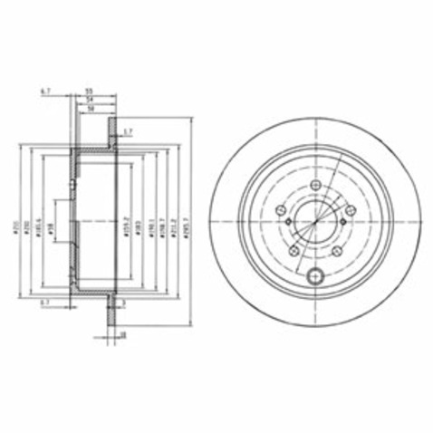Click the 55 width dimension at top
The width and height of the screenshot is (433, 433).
[x=90, y=91]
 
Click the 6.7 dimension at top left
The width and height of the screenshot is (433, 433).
[x=44, y=91]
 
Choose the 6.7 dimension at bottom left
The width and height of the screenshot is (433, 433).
[x=44, y=303]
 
